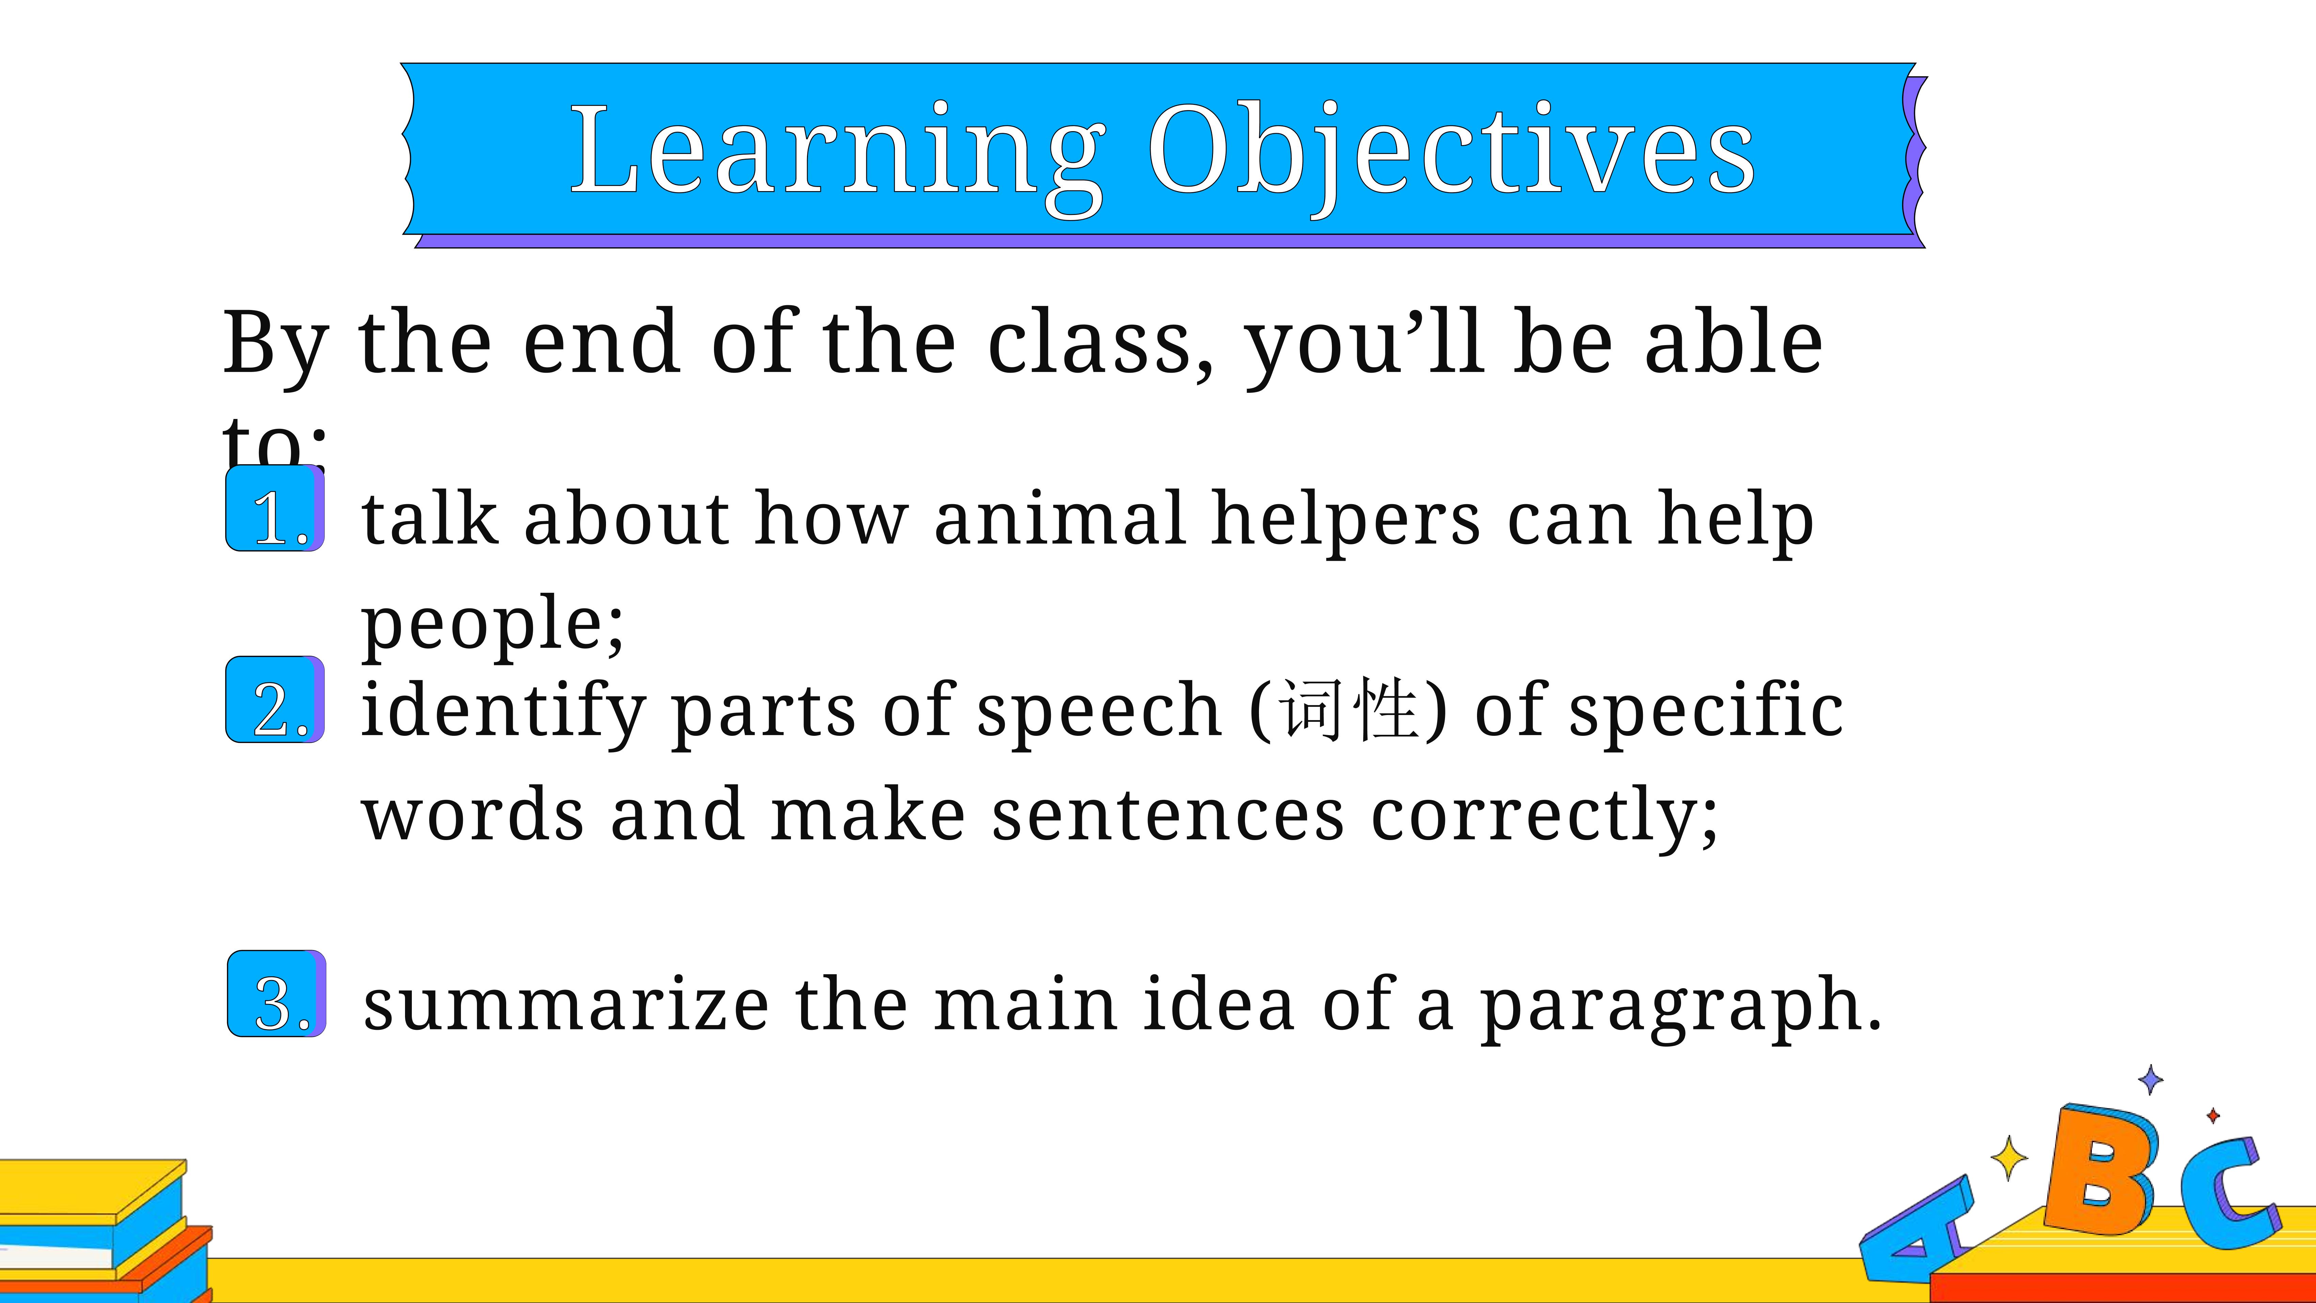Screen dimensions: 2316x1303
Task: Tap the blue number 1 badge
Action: click(x=275, y=508)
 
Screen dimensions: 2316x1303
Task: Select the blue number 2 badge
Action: click(x=275, y=700)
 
